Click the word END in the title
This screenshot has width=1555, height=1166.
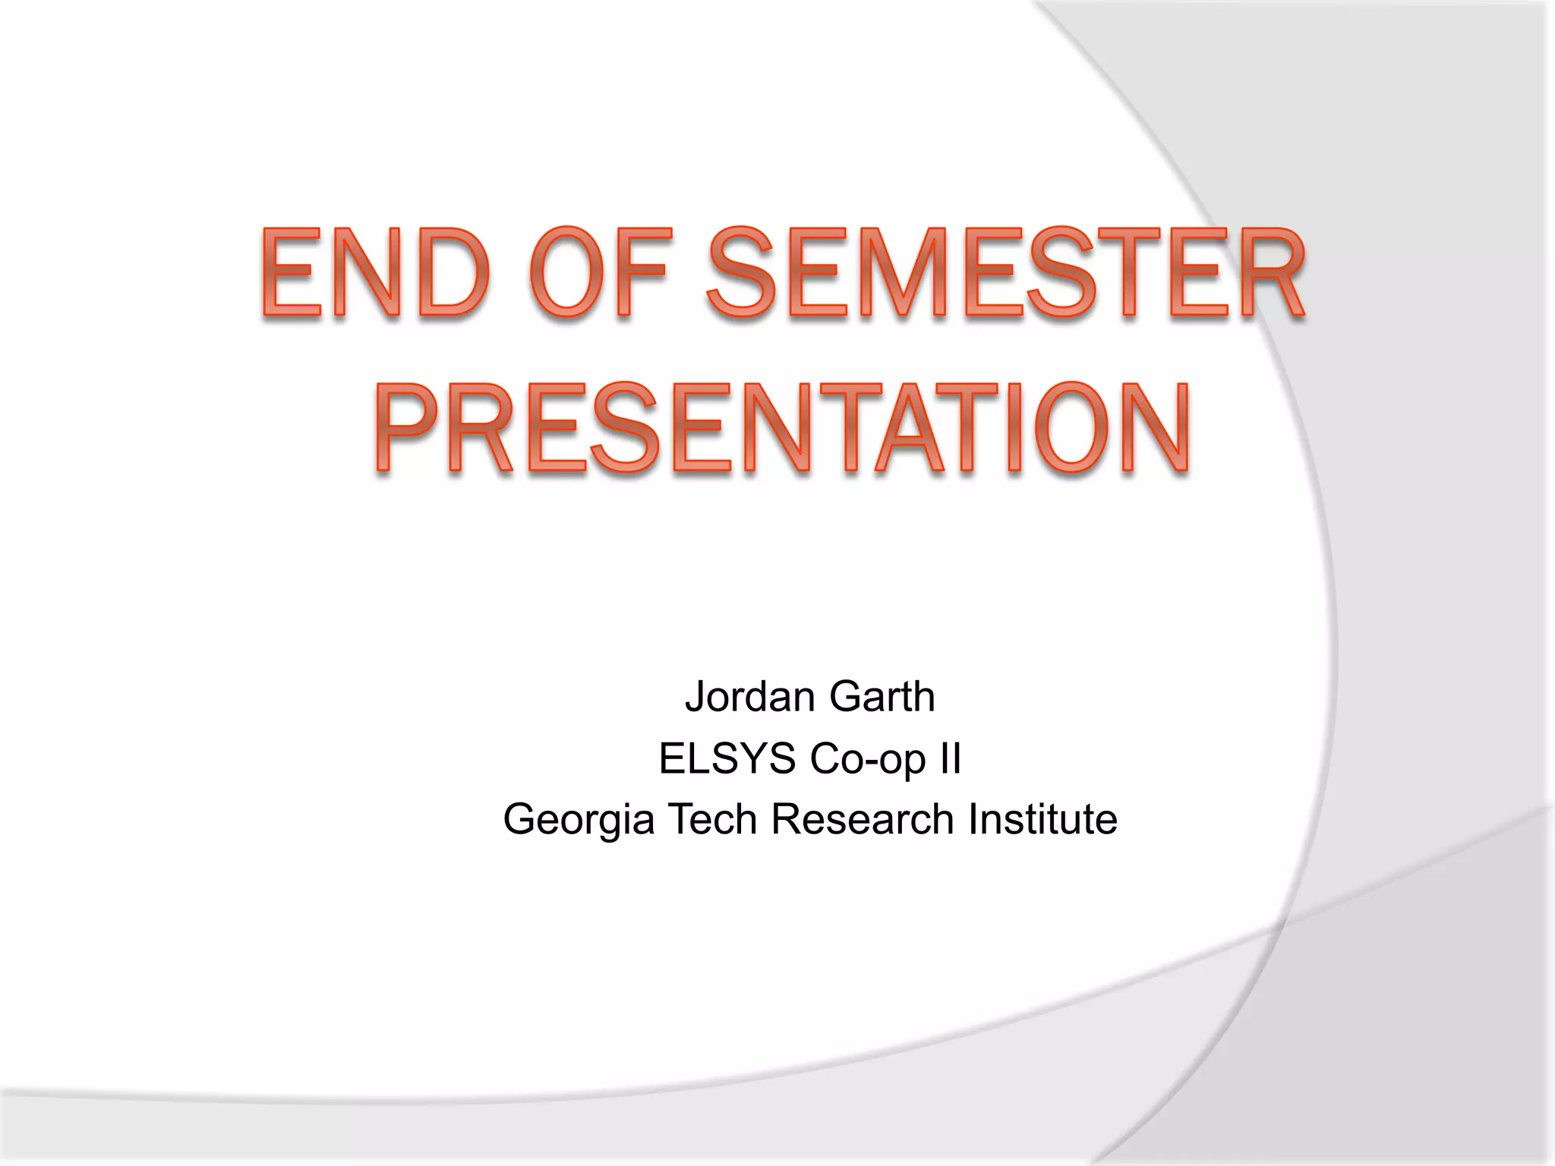(x=374, y=273)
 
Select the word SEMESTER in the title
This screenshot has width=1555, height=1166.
(x=1006, y=273)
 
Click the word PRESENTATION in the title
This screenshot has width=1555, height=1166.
(x=782, y=429)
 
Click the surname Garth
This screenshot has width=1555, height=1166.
(x=882, y=697)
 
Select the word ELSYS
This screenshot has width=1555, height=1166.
(x=727, y=758)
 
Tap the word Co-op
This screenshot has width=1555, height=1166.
(x=868, y=758)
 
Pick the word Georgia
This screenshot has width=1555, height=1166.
(x=579, y=820)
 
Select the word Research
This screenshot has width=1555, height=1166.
(x=862, y=820)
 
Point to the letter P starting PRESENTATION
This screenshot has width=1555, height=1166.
(x=407, y=429)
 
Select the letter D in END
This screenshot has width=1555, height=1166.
(x=453, y=273)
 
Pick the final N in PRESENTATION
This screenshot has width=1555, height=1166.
(x=1153, y=429)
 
